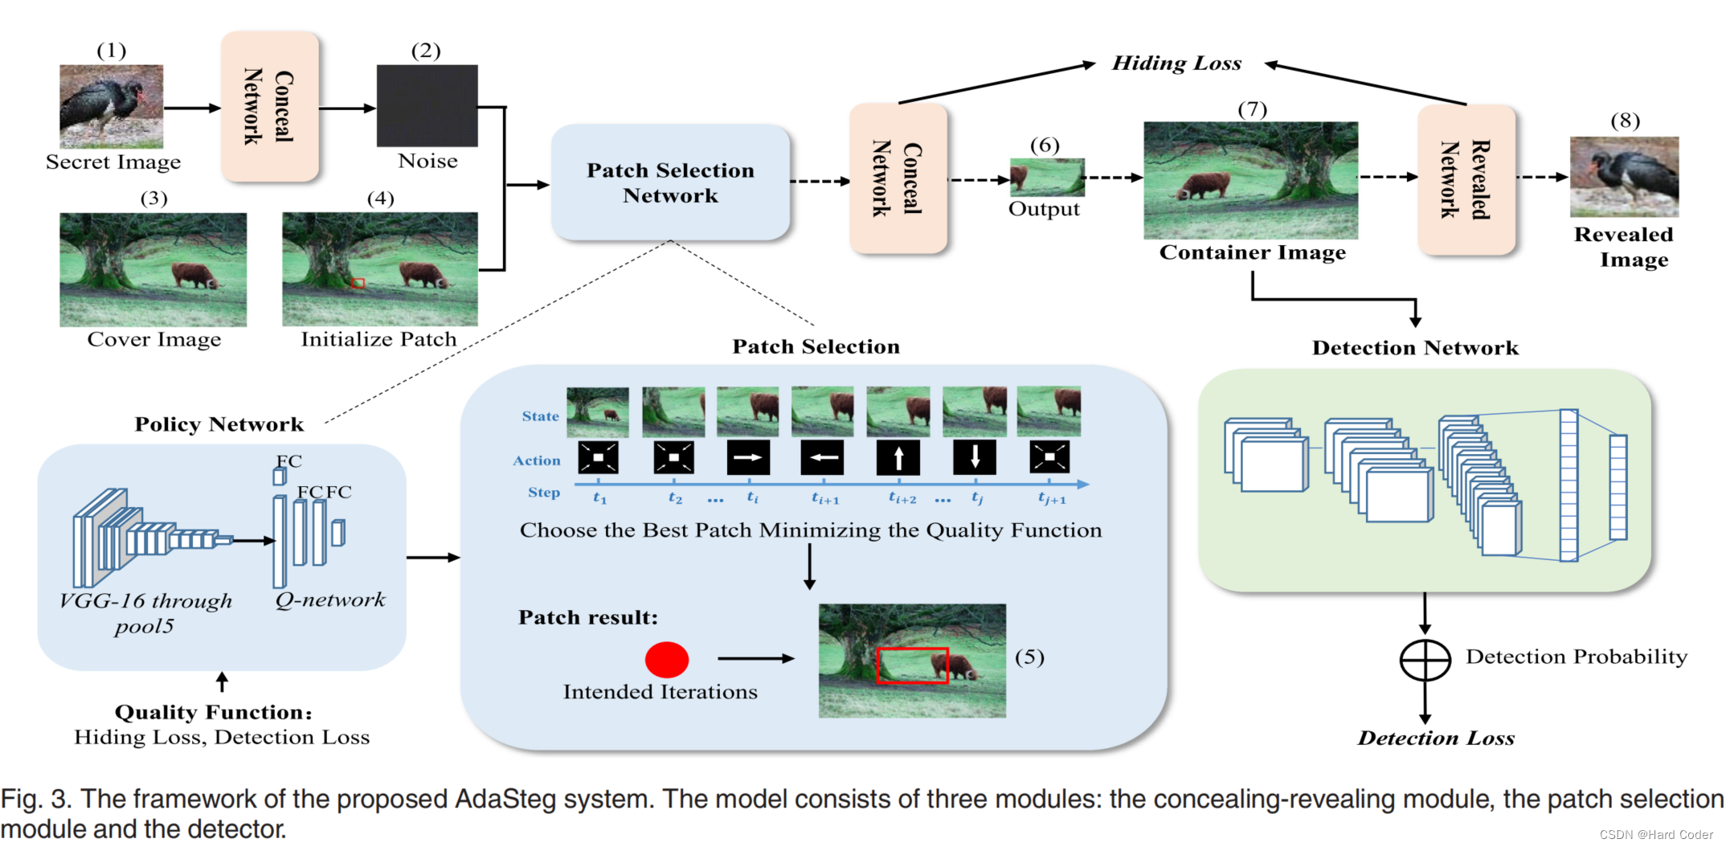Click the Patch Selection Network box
click(670, 182)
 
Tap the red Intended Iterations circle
click(667, 660)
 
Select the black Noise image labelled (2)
click(427, 106)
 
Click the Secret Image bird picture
click(112, 106)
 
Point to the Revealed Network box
click(1466, 180)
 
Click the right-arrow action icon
click(748, 457)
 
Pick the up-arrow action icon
click(898, 457)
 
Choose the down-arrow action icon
click(975, 457)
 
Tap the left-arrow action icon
click(823, 457)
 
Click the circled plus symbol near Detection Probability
click(1425, 661)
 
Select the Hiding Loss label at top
click(1176, 63)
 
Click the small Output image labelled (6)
click(1047, 177)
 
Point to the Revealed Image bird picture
click(1624, 177)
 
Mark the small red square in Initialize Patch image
click(358, 283)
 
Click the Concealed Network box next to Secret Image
click(270, 106)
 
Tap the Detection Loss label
click(1436, 738)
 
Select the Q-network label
click(330, 599)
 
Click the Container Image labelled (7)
click(1251, 180)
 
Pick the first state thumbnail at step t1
click(598, 411)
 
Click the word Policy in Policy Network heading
click(166, 424)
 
